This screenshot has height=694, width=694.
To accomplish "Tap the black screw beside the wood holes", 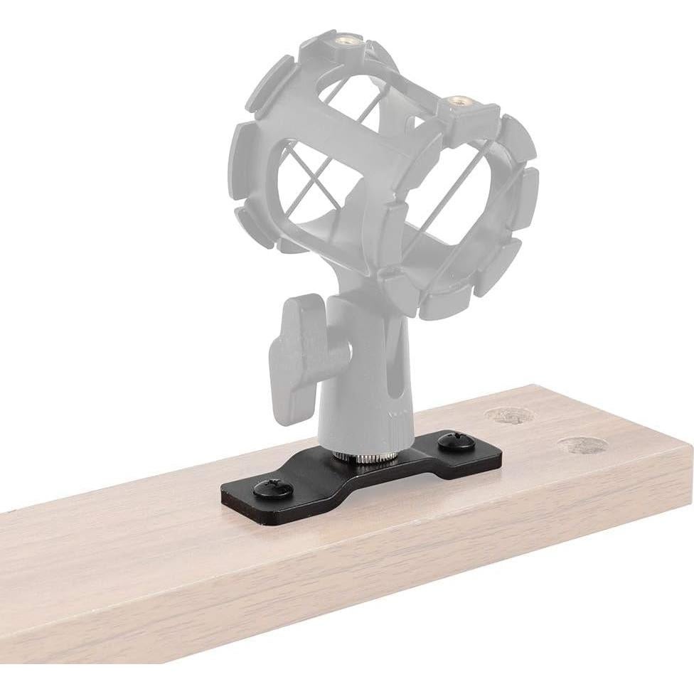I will point(452,442).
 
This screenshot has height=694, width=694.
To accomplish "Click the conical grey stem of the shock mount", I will point(356,384).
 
